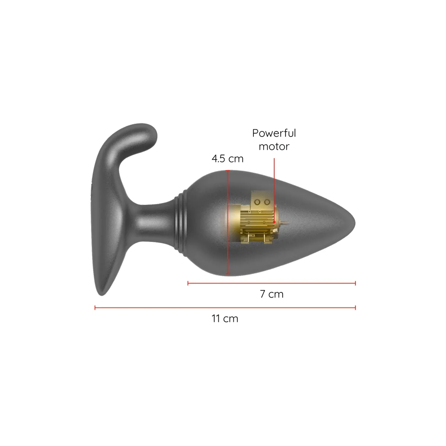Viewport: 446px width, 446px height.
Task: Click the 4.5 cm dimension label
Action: [227, 159]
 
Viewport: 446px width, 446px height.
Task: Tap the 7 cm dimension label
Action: [272, 294]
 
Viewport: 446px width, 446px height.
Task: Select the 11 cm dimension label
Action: [225, 319]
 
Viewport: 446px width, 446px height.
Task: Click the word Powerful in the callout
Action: [274, 133]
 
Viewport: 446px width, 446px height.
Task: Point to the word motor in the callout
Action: [274, 146]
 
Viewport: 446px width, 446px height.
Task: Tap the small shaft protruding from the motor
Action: [284, 223]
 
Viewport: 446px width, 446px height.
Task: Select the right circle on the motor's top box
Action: [266, 202]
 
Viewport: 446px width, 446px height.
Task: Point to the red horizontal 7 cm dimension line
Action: [272, 283]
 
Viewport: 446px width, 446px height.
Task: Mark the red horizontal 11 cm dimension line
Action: [225, 308]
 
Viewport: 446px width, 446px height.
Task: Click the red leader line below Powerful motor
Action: [274, 186]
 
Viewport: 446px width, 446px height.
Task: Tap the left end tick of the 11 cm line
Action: [95, 308]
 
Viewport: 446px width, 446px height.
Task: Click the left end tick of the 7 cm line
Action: [188, 283]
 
